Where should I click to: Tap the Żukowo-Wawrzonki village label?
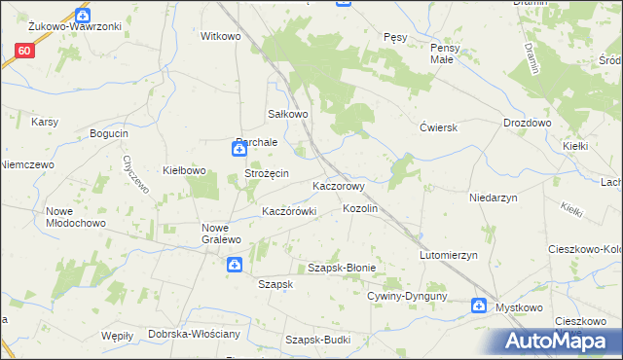[67, 26]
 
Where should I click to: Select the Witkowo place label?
[220, 36]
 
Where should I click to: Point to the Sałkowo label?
[288, 114]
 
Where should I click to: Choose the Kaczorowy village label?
[338, 185]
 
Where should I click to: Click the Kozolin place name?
[360, 209]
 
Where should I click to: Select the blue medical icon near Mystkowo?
[478, 306]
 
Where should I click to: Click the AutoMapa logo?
[559, 341]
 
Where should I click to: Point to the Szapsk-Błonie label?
[342, 268]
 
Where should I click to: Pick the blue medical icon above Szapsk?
[235, 265]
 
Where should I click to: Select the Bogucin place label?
[109, 133]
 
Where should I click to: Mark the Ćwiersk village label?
[438, 127]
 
